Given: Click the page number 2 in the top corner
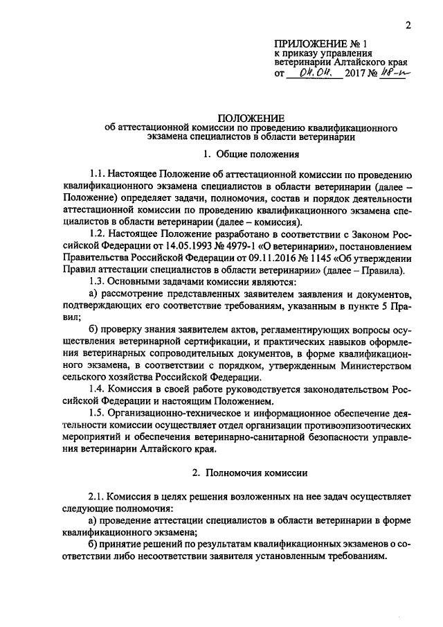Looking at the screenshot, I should [408, 26].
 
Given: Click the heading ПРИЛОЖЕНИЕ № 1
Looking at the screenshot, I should [318, 43].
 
